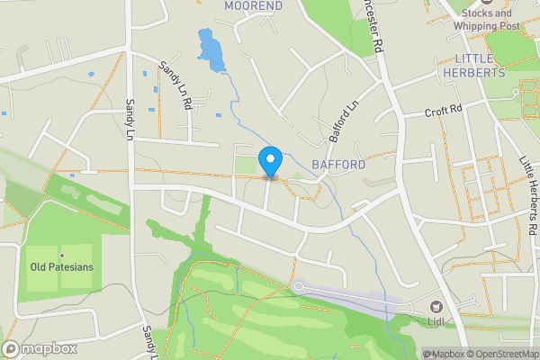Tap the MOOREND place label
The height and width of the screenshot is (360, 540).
(253, 5)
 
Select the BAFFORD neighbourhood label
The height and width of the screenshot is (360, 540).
(338, 165)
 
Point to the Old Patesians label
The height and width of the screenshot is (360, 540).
(62, 267)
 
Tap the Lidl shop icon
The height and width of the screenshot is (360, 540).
(436, 307)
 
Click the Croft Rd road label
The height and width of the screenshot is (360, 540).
(443, 112)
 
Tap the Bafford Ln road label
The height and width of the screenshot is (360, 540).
(344, 124)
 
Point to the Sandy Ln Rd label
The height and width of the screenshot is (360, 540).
(175, 85)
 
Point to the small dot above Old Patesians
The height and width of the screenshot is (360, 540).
(62, 256)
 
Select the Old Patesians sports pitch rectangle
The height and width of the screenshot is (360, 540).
(59, 268)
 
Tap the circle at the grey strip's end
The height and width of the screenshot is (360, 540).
(298, 287)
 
